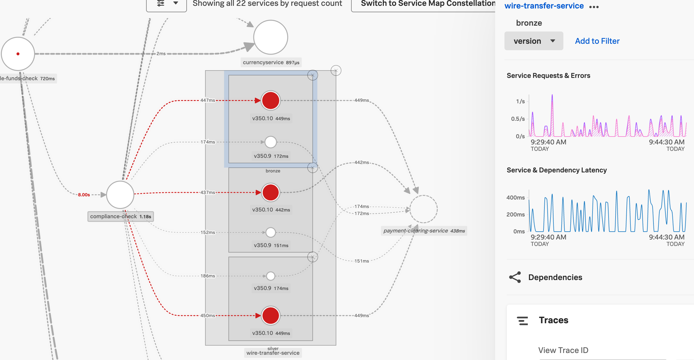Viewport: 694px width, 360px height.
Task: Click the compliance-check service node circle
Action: tap(120, 195)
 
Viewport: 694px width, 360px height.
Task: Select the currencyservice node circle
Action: tap(271, 37)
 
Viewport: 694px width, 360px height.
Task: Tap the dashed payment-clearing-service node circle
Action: tap(423, 209)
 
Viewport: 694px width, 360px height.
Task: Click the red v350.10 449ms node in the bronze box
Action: tap(271, 100)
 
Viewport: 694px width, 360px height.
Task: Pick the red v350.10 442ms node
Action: tap(271, 193)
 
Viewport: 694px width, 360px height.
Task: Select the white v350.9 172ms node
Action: tap(271, 142)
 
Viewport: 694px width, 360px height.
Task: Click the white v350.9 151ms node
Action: tap(271, 233)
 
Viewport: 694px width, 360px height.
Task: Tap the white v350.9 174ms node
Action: tap(271, 276)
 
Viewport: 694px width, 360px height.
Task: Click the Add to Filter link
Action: tap(597, 41)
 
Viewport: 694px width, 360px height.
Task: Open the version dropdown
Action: tap(534, 41)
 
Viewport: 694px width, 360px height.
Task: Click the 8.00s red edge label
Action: tap(84, 195)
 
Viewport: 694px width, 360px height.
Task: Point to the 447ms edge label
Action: tap(208, 100)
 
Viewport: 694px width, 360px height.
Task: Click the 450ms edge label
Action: tap(208, 316)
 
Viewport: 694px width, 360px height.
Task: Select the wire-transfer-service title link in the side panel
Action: tap(544, 6)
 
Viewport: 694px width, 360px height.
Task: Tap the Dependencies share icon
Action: tap(515, 277)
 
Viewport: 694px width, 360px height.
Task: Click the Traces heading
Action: tap(553, 320)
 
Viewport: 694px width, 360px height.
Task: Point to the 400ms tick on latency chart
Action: tap(516, 198)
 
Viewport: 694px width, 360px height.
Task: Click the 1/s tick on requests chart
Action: tap(520, 101)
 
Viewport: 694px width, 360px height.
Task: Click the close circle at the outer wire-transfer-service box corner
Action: tap(336, 71)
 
